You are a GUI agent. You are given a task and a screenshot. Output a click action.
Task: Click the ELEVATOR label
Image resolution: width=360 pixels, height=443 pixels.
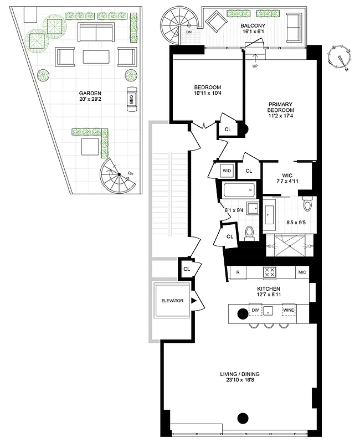coord(172,301)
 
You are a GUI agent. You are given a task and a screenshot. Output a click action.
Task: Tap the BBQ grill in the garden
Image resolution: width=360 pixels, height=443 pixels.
coord(132,99)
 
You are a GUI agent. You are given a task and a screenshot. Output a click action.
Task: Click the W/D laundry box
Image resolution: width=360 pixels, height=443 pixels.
coord(227,171)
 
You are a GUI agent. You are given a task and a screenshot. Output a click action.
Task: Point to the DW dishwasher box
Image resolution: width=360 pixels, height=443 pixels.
coord(255,311)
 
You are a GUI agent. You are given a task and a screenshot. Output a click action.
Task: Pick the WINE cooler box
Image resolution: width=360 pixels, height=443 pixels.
coord(289,311)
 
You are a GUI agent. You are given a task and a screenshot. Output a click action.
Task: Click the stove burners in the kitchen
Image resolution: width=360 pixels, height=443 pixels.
coord(269,272)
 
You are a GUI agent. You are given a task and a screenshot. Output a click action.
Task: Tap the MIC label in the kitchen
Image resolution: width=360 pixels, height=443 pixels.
coord(302,272)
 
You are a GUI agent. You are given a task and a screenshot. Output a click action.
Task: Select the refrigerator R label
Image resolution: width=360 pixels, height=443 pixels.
coord(238,272)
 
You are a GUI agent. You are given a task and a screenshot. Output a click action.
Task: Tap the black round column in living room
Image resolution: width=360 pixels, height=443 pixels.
coord(242,418)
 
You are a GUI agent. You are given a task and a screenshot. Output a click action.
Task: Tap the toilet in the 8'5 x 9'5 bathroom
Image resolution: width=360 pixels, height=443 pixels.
coord(307,205)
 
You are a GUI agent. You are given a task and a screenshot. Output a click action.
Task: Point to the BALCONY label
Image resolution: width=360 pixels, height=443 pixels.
coord(253,26)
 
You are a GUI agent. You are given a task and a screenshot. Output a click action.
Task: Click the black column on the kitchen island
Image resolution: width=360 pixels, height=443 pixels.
coord(242,313)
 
